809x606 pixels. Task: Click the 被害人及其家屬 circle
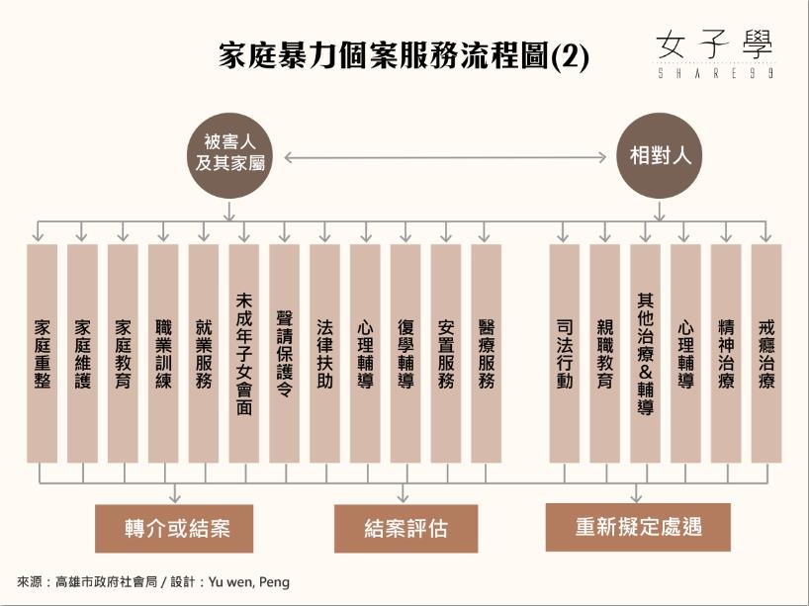pos(229,156)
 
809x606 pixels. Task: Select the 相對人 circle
pos(658,156)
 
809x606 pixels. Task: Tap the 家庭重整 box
pos(43,353)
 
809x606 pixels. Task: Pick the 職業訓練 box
pos(163,353)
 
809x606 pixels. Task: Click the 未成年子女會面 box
pos(244,353)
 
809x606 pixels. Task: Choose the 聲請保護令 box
pos(285,353)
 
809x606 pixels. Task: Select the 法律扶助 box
pos(325,353)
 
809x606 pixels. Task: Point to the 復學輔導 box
pos(405,353)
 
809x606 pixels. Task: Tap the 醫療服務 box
pos(487,353)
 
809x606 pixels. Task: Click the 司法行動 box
pos(565,353)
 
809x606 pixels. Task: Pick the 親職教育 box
pos(605,353)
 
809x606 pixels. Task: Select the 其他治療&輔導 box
pos(646,353)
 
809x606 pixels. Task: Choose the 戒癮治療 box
pos(766,353)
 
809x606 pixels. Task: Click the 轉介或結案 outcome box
pos(174,528)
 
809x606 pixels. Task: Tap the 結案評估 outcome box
pos(405,528)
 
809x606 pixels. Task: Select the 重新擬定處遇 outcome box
pos(638,526)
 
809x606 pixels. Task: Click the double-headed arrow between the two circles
pos(445,156)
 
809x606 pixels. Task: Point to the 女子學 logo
pos(715,52)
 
